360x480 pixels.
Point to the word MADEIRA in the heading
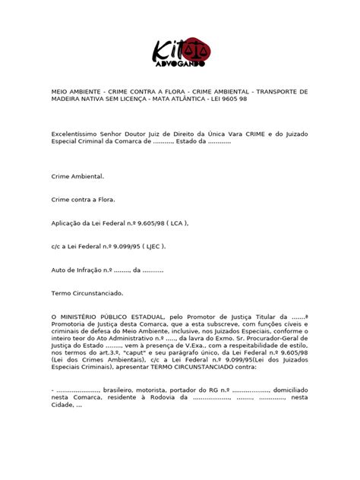click(67, 98)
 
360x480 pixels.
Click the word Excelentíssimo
click(77, 132)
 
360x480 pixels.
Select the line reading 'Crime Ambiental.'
click(77, 175)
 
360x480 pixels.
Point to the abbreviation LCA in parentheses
click(173, 225)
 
